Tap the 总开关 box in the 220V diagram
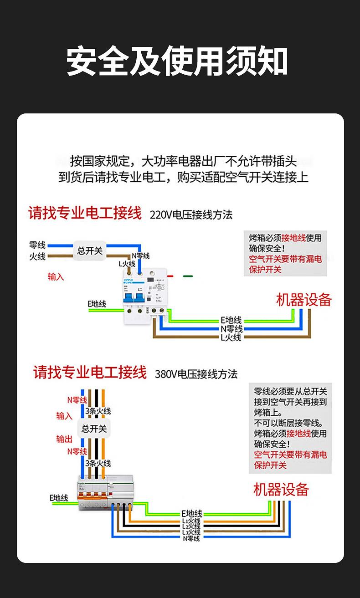90,250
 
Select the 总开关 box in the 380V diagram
94,429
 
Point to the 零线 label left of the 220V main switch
37,245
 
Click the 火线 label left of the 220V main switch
37,256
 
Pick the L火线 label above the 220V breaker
127,264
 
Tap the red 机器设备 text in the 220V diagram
304,300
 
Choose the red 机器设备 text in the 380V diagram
281,490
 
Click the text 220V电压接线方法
191,215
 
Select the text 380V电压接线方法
196,374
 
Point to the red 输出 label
64,439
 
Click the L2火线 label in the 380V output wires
191,526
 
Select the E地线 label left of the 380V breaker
59,498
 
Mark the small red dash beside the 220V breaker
170,276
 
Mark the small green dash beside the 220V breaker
188,276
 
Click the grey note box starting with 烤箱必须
285,253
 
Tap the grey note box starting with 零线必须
290,428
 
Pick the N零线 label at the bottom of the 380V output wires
191,538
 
